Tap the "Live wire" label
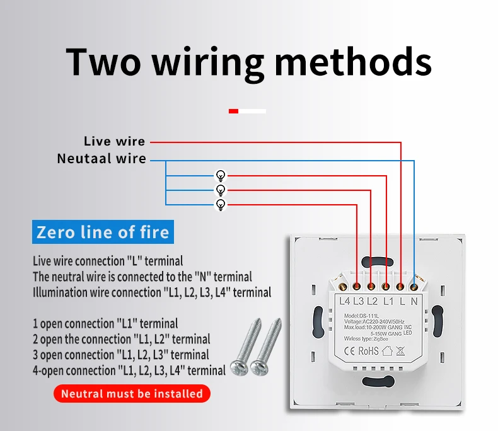pyautogui.click(x=114, y=141)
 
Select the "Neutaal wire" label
pyautogui.click(x=101, y=158)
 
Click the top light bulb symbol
pyautogui.click(x=221, y=175)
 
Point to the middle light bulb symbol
pyautogui.click(x=221, y=190)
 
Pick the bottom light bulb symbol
pyautogui.click(x=221, y=204)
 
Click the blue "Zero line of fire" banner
pyautogui.click(x=103, y=232)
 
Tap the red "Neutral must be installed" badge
pyautogui.click(x=132, y=394)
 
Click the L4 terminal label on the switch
pyautogui.click(x=344, y=301)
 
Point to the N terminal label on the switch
pyautogui.click(x=414, y=301)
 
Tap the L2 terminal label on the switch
pyautogui.click(x=373, y=301)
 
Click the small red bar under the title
pyautogui.click(x=233, y=111)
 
